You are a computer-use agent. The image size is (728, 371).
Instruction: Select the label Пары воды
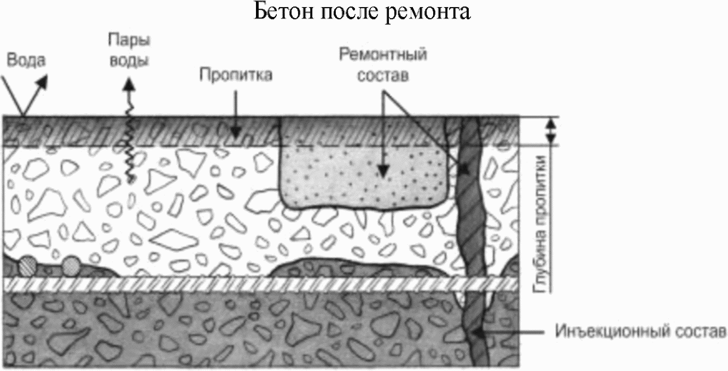[129, 50]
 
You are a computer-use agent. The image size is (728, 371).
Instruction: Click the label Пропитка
[235, 74]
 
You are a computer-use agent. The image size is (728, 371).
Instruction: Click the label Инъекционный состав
[641, 332]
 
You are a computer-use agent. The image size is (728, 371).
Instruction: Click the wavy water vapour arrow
[130, 137]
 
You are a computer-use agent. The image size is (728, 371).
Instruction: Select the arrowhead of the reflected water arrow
[43, 81]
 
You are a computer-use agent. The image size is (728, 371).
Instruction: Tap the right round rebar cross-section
[70, 266]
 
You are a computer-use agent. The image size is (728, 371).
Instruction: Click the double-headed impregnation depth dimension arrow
[551, 131]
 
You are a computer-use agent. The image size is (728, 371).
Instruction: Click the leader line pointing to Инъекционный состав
[514, 332]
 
